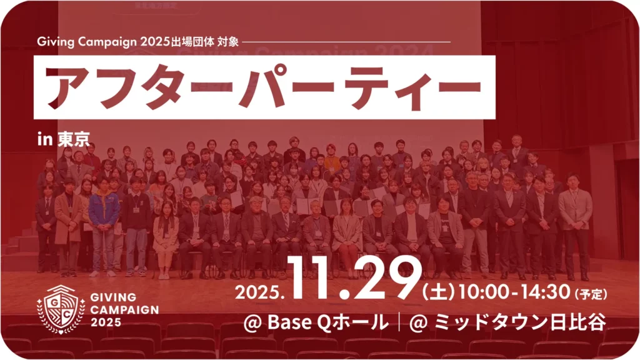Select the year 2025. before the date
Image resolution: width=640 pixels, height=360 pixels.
[261, 293]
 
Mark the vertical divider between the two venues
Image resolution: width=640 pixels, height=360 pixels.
[399, 323]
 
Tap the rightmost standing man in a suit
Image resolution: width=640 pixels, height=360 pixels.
[575, 225]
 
